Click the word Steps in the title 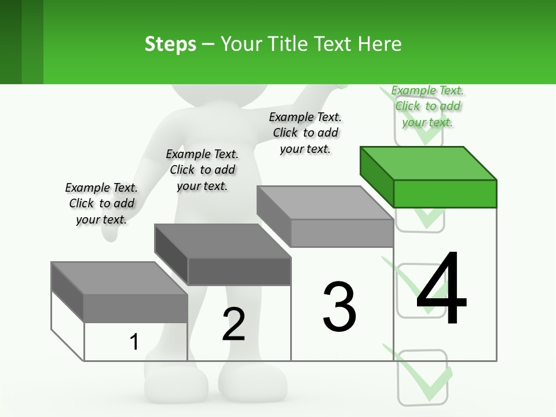click(170, 44)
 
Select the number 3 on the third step click(339, 306)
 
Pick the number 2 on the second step click(233, 324)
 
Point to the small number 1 click(134, 342)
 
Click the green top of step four click(429, 163)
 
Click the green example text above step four click(427, 106)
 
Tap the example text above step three click(305, 133)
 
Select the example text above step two click(202, 170)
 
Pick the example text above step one click(101, 203)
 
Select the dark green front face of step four click(445, 193)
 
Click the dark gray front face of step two click(239, 271)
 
